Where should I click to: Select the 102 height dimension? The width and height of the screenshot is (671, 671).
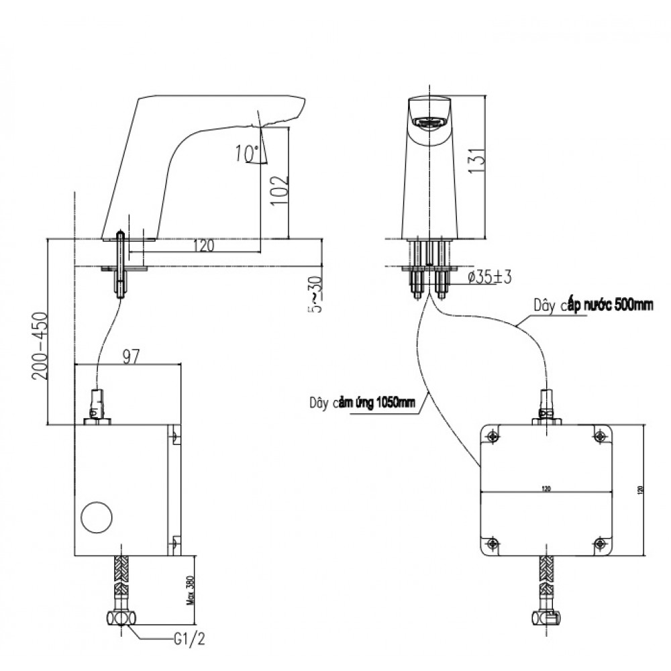point(282,189)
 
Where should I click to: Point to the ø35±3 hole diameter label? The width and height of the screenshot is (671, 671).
point(489,276)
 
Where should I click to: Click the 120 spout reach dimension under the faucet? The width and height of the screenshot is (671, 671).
point(205,246)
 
